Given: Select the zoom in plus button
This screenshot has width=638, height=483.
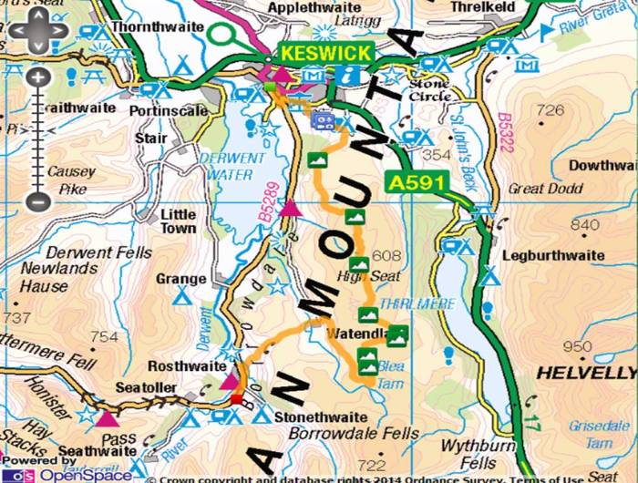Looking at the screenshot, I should (36, 77).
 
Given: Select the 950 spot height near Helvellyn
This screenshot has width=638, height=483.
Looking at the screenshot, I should (578, 346).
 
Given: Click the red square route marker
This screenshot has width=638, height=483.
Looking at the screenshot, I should (236, 399).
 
